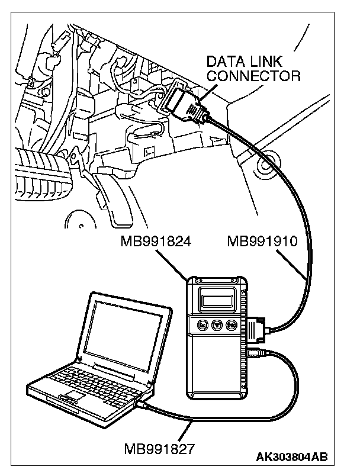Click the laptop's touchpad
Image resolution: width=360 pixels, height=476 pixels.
coord(73,395)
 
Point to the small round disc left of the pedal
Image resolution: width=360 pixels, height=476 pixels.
coord(78,220)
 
